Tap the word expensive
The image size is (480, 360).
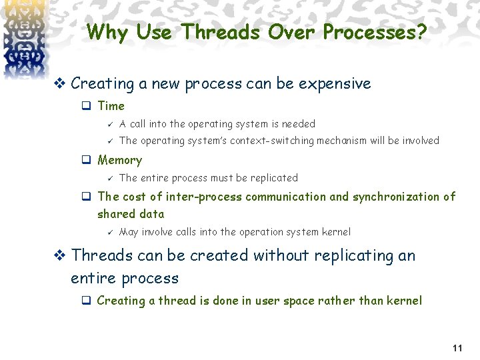click(x=335, y=84)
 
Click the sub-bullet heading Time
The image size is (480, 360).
click(x=111, y=106)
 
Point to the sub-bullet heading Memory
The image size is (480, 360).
click(x=119, y=160)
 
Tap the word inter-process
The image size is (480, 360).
click(x=204, y=197)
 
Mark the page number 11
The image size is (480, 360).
click(x=457, y=349)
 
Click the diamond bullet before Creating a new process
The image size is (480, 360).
click(x=59, y=84)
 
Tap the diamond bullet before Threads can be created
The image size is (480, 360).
click(x=59, y=255)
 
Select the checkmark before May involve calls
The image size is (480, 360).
click(x=111, y=232)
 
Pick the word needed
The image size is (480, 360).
click(x=300, y=124)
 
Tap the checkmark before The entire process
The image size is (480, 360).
click(x=111, y=178)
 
